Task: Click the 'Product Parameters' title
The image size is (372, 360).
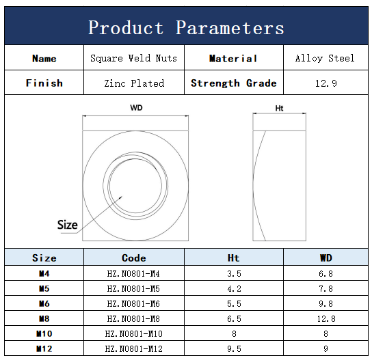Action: tap(186, 28)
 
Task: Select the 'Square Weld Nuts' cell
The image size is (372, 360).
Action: tap(133, 58)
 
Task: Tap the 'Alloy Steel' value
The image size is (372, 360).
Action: tap(325, 58)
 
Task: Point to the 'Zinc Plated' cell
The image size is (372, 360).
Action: tap(134, 83)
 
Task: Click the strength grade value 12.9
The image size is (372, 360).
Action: tap(325, 83)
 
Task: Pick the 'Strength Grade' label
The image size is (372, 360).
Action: tap(234, 83)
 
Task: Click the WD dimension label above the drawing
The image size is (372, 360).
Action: tap(136, 108)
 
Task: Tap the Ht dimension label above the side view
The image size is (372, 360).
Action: tap(279, 109)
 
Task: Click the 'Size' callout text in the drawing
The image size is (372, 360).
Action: tap(68, 225)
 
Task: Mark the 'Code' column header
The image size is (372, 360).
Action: tap(134, 258)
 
